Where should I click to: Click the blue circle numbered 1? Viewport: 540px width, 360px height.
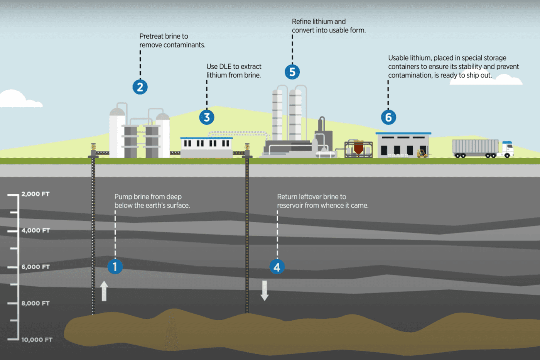(x=115, y=267)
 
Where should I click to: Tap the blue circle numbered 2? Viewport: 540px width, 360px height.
(x=140, y=87)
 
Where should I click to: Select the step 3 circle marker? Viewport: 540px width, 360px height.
(x=207, y=117)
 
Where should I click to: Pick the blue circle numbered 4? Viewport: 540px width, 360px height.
(x=277, y=267)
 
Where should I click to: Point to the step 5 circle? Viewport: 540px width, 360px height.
(x=292, y=72)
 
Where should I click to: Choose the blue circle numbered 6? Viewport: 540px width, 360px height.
(x=388, y=117)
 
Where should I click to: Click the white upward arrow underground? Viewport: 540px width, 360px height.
(x=104, y=291)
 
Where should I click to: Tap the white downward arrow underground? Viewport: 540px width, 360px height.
(x=265, y=291)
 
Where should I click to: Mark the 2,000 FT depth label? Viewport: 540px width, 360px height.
(x=35, y=194)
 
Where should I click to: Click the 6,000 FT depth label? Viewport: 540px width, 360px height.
(x=35, y=267)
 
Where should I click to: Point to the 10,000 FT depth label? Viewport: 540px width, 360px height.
(x=37, y=340)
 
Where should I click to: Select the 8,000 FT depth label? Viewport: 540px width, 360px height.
(x=35, y=303)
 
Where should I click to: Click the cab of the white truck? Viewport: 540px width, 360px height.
(x=508, y=149)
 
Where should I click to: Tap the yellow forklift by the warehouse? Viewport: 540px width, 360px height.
(x=422, y=154)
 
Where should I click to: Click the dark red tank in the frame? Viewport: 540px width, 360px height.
(x=359, y=147)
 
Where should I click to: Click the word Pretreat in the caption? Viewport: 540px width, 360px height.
(x=152, y=36)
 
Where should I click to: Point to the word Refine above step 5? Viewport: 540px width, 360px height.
(x=301, y=22)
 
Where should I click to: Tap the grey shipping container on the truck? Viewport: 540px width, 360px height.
(x=475, y=147)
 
